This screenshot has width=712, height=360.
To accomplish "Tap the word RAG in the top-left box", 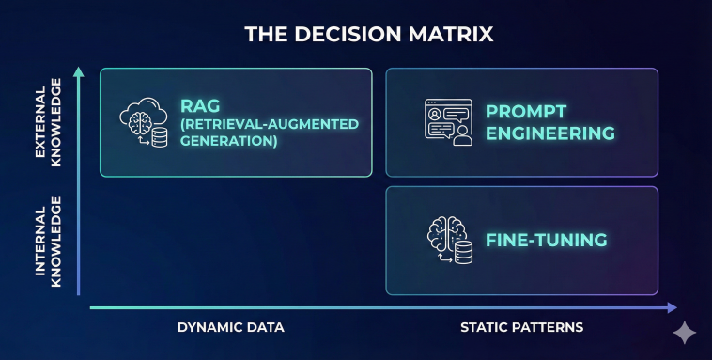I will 200,105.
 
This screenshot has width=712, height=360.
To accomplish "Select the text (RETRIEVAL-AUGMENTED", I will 259,124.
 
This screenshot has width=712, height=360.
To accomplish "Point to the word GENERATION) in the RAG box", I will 230,141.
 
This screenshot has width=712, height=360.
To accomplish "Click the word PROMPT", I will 526,111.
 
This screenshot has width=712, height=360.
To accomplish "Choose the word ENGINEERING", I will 550,133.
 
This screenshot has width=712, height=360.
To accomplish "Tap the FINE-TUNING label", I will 546,240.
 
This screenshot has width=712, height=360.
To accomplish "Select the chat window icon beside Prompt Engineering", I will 447,123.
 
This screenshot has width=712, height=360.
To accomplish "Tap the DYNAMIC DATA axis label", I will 231,327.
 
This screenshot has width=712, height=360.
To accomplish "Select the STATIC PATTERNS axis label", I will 522,327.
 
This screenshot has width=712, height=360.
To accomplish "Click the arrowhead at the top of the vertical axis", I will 79,71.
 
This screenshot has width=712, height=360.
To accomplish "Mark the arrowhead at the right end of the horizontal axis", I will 672,306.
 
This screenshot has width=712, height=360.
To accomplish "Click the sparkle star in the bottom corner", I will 684,334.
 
